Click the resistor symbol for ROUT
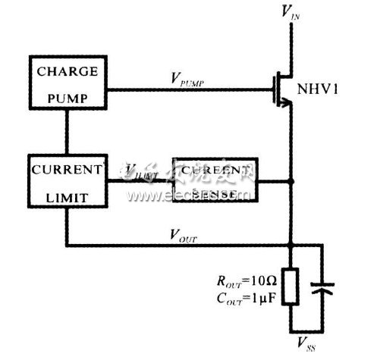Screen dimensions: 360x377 [x=291, y=287]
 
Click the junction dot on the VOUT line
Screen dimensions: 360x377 [x=291, y=245]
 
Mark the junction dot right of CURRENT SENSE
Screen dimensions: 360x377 [x=291, y=182]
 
